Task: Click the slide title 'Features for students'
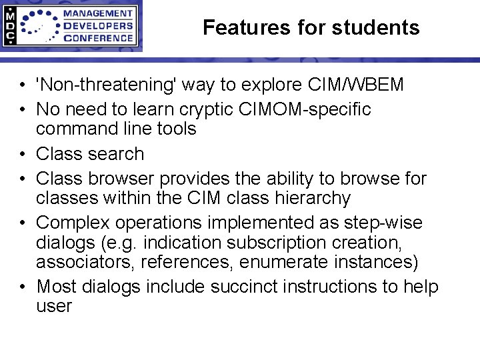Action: (x=311, y=27)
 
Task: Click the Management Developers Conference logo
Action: (x=71, y=26)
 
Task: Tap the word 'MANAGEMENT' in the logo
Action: (x=97, y=13)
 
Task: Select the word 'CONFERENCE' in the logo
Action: (x=97, y=38)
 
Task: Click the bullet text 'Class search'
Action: (x=90, y=153)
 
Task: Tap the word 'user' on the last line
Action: (x=53, y=306)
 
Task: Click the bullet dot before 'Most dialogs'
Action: (x=23, y=287)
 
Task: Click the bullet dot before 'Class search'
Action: (x=23, y=154)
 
